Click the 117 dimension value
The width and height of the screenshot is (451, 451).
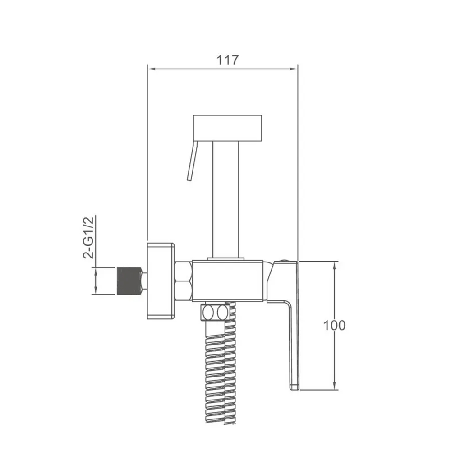[227, 60]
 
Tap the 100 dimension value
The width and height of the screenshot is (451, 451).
[334, 326]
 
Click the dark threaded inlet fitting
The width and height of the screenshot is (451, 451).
[129, 281]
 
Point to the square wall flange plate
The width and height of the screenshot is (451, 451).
[161, 281]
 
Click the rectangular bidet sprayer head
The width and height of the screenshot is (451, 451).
[227, 128]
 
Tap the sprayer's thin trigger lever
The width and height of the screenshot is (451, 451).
[192, 161]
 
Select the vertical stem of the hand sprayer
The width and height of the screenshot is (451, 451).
[225, 200]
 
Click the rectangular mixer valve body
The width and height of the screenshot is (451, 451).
[227, 281]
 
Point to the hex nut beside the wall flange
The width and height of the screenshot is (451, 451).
[184, 281]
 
